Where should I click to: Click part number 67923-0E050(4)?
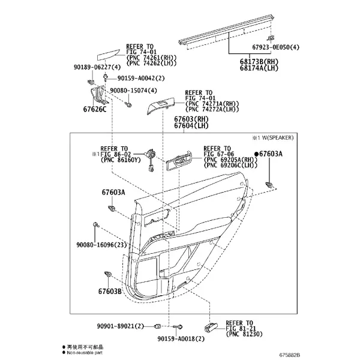coord(276,47)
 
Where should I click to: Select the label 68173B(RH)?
coord(259,62)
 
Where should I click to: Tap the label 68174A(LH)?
coord(259,68)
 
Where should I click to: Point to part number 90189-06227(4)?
coord(97,67)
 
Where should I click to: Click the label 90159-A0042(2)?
coord(141,78)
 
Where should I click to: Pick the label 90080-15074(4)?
coord(133,91)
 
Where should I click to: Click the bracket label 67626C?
coord(95,109)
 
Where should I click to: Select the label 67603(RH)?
coord(191,119)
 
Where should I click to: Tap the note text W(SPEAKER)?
coord(278,138)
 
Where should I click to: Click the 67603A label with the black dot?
coord(268,154)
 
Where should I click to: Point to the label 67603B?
coord(110,292)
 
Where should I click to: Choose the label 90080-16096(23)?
coord(101,245)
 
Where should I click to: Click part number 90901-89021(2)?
coord(121,326)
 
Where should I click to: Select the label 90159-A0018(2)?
coord(181,338)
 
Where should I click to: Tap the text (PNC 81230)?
coord(244,334)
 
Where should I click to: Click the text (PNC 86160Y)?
coord(121,160)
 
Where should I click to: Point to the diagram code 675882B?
coord(290,355)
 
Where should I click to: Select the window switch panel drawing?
coord(161,105)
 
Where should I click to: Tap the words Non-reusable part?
coord(85,353)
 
